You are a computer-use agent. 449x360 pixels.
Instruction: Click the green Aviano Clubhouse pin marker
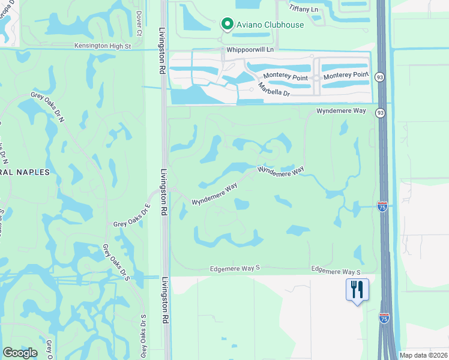coord(227,24)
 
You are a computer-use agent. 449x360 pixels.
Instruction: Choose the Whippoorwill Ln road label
coord(250,49)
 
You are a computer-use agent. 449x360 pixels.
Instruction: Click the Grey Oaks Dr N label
coord(48,107)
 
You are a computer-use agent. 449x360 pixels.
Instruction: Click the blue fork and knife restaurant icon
coord(357,290)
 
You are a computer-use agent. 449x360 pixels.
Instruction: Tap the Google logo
coord(20,353)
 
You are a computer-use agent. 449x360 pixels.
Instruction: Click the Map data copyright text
coord(423,355)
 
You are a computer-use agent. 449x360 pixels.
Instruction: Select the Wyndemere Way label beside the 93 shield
coord(341,111)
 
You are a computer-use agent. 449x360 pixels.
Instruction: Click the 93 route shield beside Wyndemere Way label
coord(380,113)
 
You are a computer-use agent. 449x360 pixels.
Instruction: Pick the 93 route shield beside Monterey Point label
coord(380,77)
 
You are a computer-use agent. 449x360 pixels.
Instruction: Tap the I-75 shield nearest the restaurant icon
coord(384,317)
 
